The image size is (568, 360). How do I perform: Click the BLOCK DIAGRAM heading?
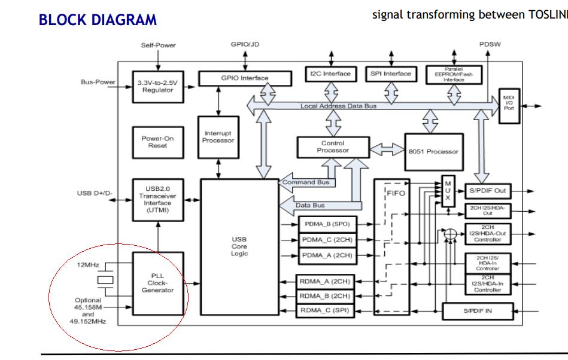(98, 20)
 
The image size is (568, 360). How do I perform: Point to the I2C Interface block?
(330, 74)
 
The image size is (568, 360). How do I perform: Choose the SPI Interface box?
(391, 74)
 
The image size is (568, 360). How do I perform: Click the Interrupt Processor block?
(218, 136)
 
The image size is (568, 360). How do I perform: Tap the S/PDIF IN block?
(477, 311)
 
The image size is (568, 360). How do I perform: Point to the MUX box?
(448, 191)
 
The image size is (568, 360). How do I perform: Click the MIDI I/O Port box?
(509, 106)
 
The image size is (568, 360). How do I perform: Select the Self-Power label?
(157, 45)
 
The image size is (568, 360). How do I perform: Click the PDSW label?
(490, 45)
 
